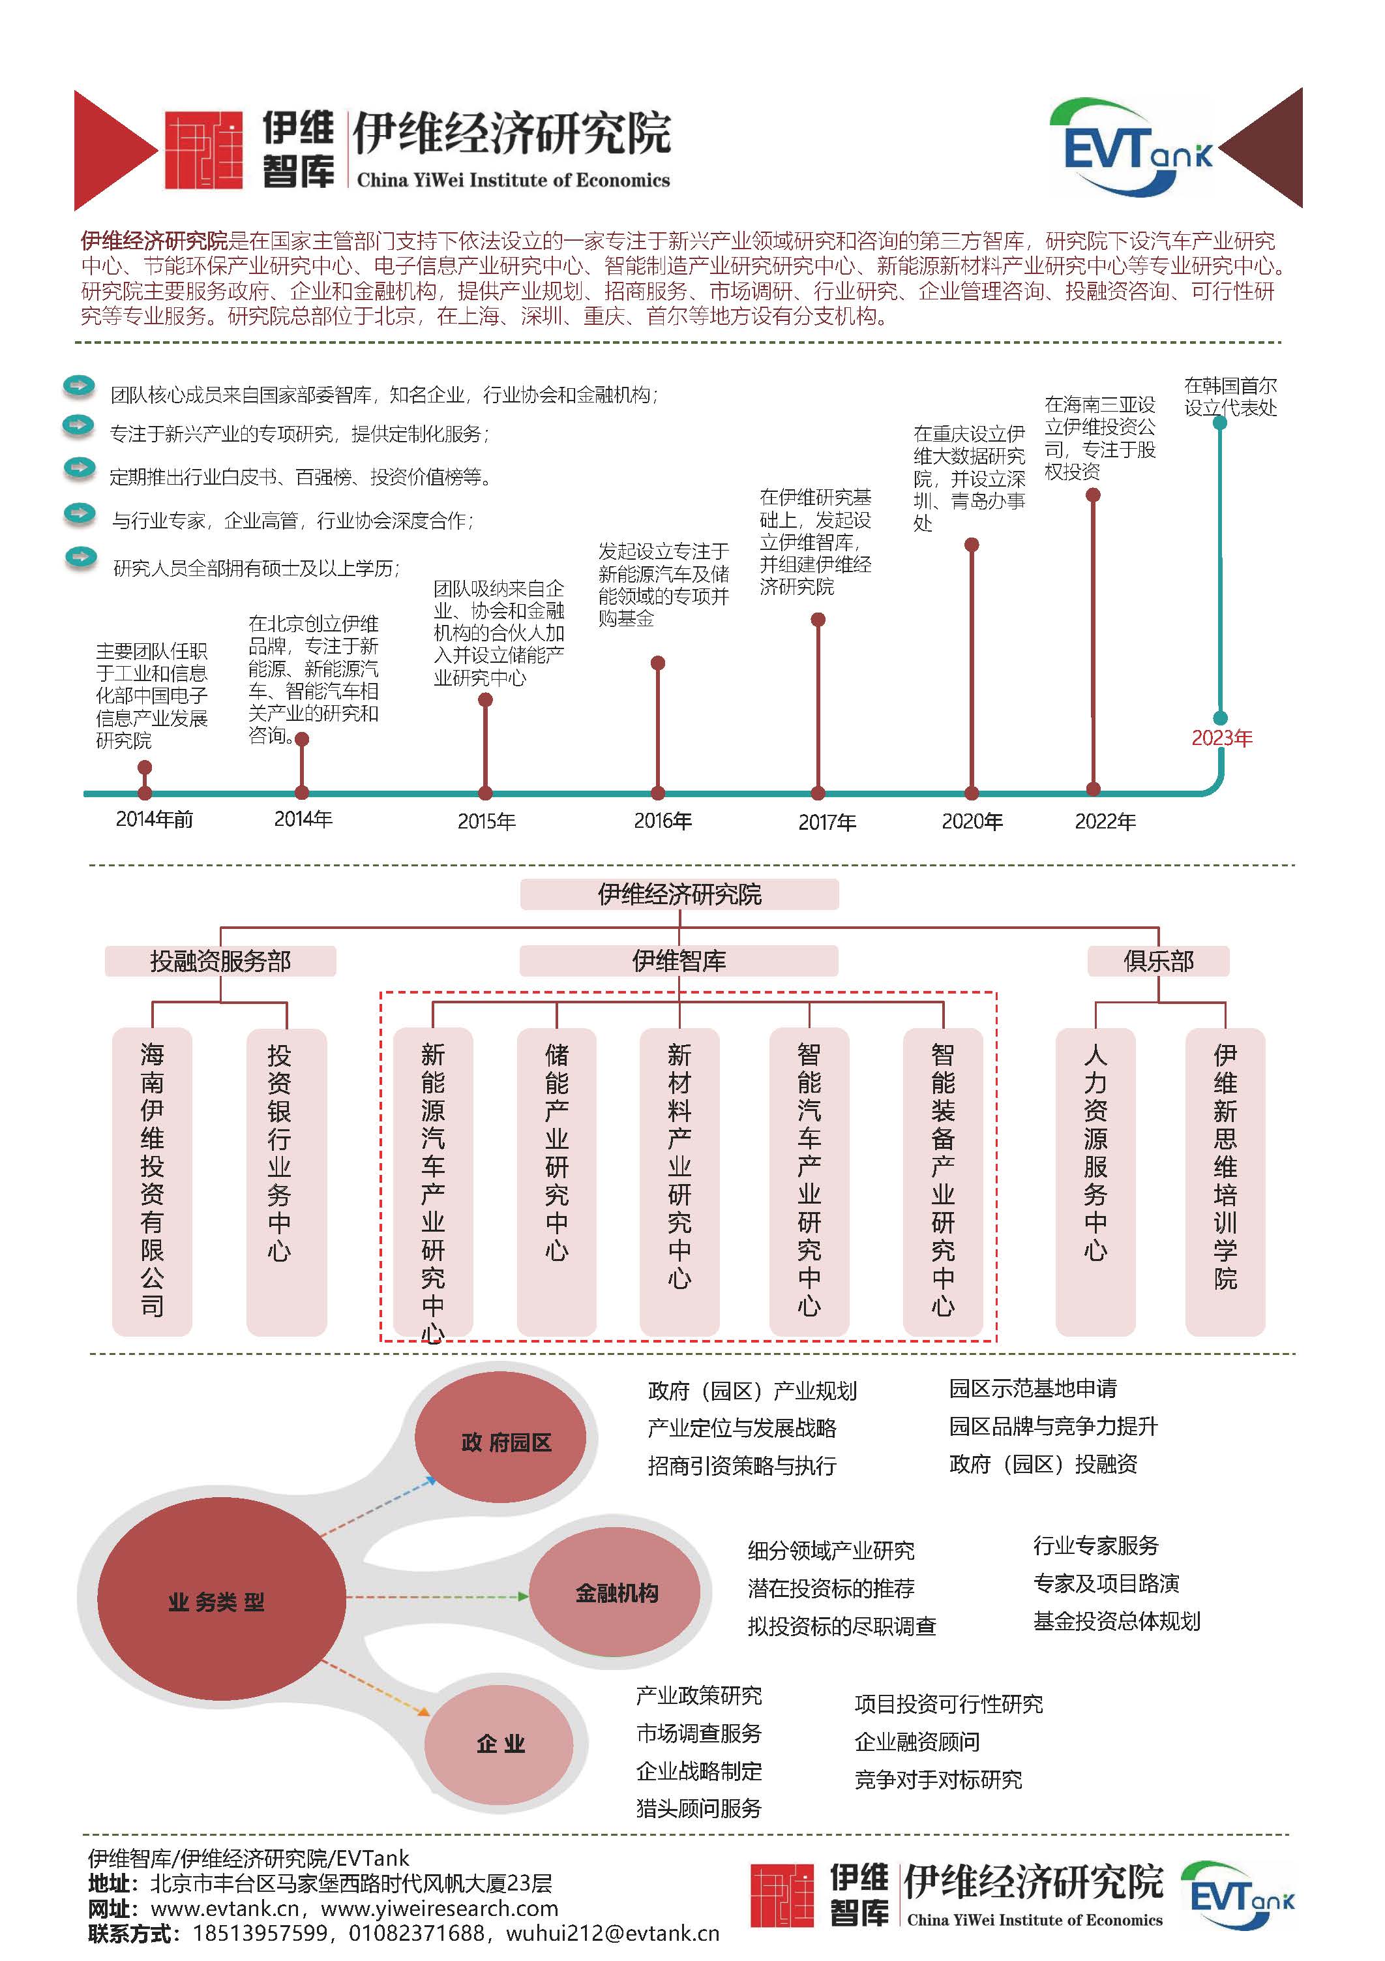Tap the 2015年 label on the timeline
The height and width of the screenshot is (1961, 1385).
(486, 821)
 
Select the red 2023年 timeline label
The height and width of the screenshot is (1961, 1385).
(1222, 738)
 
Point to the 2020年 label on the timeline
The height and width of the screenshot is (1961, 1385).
(972, 821)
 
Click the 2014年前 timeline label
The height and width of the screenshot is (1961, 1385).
(155, 819)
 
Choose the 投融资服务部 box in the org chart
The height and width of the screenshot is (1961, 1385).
(220, 961)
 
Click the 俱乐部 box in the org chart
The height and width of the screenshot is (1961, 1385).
(1158, 961)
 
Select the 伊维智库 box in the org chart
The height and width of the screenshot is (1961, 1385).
(679, 961)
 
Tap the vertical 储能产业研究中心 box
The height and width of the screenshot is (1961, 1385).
(557, 1181)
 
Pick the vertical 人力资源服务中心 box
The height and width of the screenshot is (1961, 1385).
(1095, 1181)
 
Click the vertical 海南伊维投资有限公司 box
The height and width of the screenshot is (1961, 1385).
(152, 1181)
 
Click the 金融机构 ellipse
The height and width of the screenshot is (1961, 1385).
(615, 1593)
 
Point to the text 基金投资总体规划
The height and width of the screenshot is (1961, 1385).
(1117, 1620)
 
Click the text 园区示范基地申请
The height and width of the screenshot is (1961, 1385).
(1033, 1388)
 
